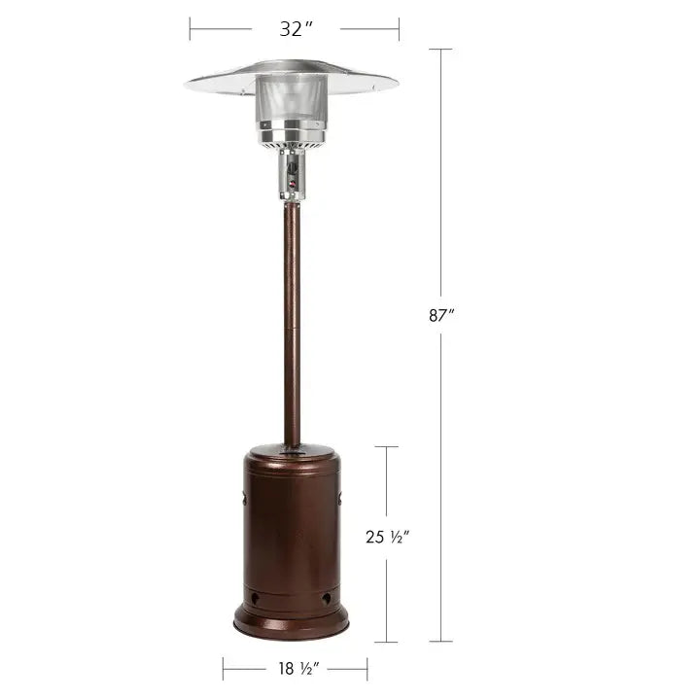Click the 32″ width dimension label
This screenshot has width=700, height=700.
pos(296,29)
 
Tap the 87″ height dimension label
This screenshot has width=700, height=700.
pos(441,315)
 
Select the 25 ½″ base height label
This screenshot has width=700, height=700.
pos(388,537)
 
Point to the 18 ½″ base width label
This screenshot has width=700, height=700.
pos(298,668)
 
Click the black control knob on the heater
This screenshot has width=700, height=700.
pos(293,169)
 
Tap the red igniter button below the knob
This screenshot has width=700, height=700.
pos(293,184)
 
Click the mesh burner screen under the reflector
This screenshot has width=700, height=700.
pos(291,99)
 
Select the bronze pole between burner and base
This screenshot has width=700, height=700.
pos(292,324)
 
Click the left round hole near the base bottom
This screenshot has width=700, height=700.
pos(256,598)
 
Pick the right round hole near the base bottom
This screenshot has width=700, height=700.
pos(326,598)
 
